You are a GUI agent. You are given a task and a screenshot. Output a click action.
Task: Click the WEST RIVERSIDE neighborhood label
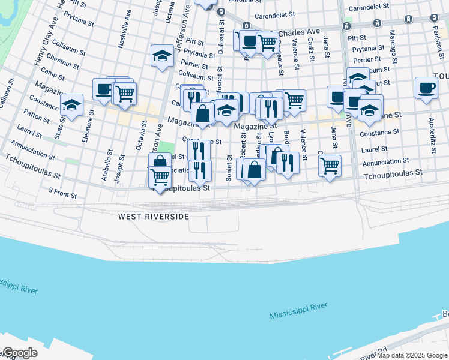[x=154, y=217]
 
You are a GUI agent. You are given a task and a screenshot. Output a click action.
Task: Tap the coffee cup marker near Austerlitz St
[x=426, y=88]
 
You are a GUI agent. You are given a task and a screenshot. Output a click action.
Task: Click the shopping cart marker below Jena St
[x=330, y=166]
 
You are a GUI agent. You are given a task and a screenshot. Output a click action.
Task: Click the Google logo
[x=19, y=353]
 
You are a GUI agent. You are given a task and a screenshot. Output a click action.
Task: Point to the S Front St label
[x=63, y=193]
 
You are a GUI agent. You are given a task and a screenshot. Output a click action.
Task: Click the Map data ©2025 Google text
[x=412, y=355]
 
